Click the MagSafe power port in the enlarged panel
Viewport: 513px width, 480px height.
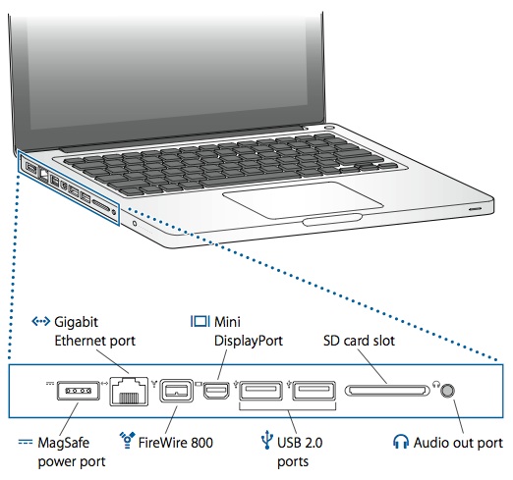[x=78, y=391]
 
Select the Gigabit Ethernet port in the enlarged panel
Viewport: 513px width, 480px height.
[x=129, y=391]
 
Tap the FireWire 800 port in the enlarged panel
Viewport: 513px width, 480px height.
[x=176, y=391]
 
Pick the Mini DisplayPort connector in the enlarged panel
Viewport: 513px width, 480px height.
[x=216, y=391]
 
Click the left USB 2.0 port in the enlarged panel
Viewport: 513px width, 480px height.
[x=260, y=391]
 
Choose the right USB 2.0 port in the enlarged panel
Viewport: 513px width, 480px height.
[x=313, y=391]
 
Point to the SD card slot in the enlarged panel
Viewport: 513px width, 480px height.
[x=387, y=391]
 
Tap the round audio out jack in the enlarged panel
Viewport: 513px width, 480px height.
[x=447, y=391]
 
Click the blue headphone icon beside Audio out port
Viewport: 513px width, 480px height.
[x=401, y=442]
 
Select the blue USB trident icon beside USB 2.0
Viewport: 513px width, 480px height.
[x=267, y=441]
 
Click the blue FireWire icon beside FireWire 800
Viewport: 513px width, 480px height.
[x=127, y=440]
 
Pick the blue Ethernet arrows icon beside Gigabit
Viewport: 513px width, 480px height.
[x=41, y=322]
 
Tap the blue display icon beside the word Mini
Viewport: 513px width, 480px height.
[x=199, y=321]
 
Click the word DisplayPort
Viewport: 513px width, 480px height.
[x=249, y=341]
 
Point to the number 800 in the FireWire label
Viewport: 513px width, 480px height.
[x=201, y=443]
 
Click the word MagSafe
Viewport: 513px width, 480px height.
[x=64, y=443]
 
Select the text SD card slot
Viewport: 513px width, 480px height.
[x=359, y=341]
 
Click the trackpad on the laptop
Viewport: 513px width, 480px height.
[x=303, y=199]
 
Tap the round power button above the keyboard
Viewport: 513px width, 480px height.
[x=329, y=127]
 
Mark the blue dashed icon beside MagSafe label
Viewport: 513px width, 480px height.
[x=26, y=443]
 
